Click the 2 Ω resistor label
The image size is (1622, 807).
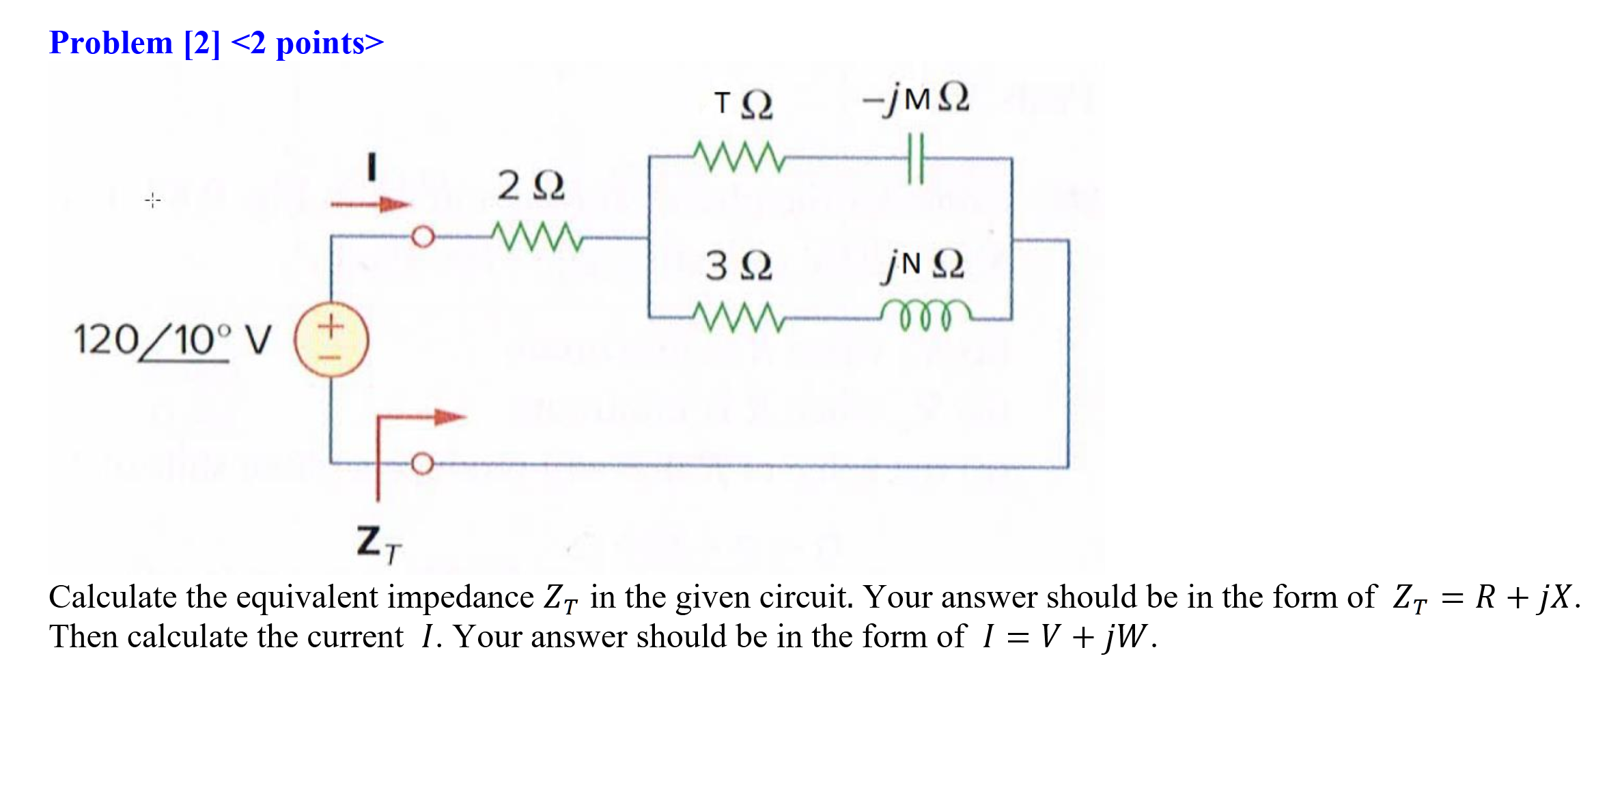tap(531, 186)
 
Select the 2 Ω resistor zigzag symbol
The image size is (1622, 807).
tap(537, 236)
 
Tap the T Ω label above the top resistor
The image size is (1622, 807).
tap(743, 104)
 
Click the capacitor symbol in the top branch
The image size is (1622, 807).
tap(915, 158)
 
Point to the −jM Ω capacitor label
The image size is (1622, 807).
tap(915, 99)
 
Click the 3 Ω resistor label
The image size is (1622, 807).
tap(738, 265)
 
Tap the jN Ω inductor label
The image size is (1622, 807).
tap(922, 264)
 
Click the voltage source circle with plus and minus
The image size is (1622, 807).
tap(331, 340)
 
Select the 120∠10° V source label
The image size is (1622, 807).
tap(172, 340)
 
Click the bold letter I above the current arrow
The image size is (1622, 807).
tap(372, 167)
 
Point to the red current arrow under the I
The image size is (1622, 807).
tap(370, 203)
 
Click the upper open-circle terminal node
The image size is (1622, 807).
tap(423, 237)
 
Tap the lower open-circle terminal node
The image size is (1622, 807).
tap(422, 464)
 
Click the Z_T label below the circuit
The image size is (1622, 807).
tap(378, 545)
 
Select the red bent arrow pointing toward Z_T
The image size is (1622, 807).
tap(410, 437)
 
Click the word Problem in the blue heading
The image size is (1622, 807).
tap(111, 43)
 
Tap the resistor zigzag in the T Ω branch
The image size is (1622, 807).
tap(738, 157)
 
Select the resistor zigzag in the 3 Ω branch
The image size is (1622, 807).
tap(738, 317)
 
